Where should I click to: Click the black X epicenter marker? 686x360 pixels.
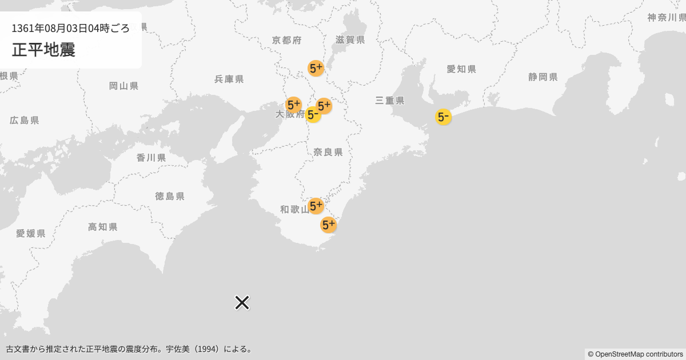pyautogui.click(x=242, y=302)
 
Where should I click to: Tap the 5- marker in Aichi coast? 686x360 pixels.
pyautogui.click(x=443, y=117)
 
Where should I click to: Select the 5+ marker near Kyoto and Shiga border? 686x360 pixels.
pyautogui.click(x=316, y=69)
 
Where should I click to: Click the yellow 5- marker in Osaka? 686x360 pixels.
pyautogui.click(x=312, y=115)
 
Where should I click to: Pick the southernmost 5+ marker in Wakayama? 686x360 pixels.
pyautogui.click(x=328, y=225)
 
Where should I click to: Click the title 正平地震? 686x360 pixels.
pyautogui.click(x=43, y=50)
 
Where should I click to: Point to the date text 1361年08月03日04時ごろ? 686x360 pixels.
pyautogui.click(x=71, y=28)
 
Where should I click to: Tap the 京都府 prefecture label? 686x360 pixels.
pyautogui.click(x=287, y=40)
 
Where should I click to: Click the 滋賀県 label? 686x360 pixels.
pyautogui.click(x=350, y=40)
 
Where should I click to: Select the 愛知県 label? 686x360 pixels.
pyautogui.click(x=461, y=69)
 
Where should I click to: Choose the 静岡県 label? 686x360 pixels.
pyautogui.click(x=543, y=77)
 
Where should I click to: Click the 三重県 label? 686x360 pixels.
pyautogui.click(x=390, y=101)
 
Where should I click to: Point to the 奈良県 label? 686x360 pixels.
pyautogui.click(x=328, y=152)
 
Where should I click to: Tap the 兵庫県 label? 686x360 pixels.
pyautogui.click(x=229, y=79)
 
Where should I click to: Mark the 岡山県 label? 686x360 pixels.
pyautogui.click(x=123, y=86)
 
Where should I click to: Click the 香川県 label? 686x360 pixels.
pyautogui.click(x=151, y=158)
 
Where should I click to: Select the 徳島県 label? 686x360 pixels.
pyautogui.click(x=170, y=196)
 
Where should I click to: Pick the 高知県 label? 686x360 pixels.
pyautogui.click(x=103, y=227)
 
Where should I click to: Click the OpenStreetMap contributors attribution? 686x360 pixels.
pyautogui.click(x=635, y=354)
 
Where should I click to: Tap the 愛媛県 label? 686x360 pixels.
pyautogui.click(x=30, y=233)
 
